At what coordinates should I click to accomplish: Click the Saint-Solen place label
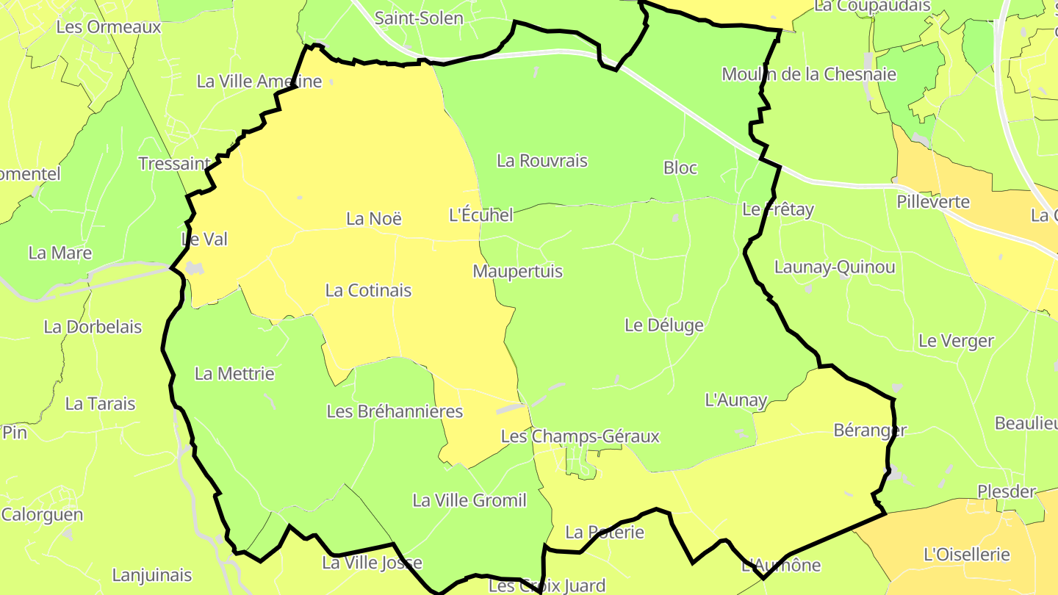419,18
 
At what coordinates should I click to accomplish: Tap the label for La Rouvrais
542,160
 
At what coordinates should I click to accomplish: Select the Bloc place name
680,167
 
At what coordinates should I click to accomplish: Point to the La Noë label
375,219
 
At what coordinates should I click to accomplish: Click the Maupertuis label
518,271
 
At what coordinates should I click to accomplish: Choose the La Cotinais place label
368,290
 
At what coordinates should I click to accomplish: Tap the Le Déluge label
664,325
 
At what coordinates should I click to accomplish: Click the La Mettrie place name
234,374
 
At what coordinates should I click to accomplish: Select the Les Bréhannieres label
395,411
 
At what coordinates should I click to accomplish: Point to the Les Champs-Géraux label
580,436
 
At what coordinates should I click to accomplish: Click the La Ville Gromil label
469,501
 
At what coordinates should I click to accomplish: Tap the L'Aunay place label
736,401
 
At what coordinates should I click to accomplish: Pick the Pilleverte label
933,202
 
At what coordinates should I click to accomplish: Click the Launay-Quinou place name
835,267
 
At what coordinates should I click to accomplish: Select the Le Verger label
956,341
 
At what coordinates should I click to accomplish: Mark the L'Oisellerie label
967,555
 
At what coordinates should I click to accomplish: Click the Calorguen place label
43,514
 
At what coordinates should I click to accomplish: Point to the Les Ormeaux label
108,27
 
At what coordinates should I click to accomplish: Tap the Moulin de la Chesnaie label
809,74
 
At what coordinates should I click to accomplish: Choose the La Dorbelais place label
93,327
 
